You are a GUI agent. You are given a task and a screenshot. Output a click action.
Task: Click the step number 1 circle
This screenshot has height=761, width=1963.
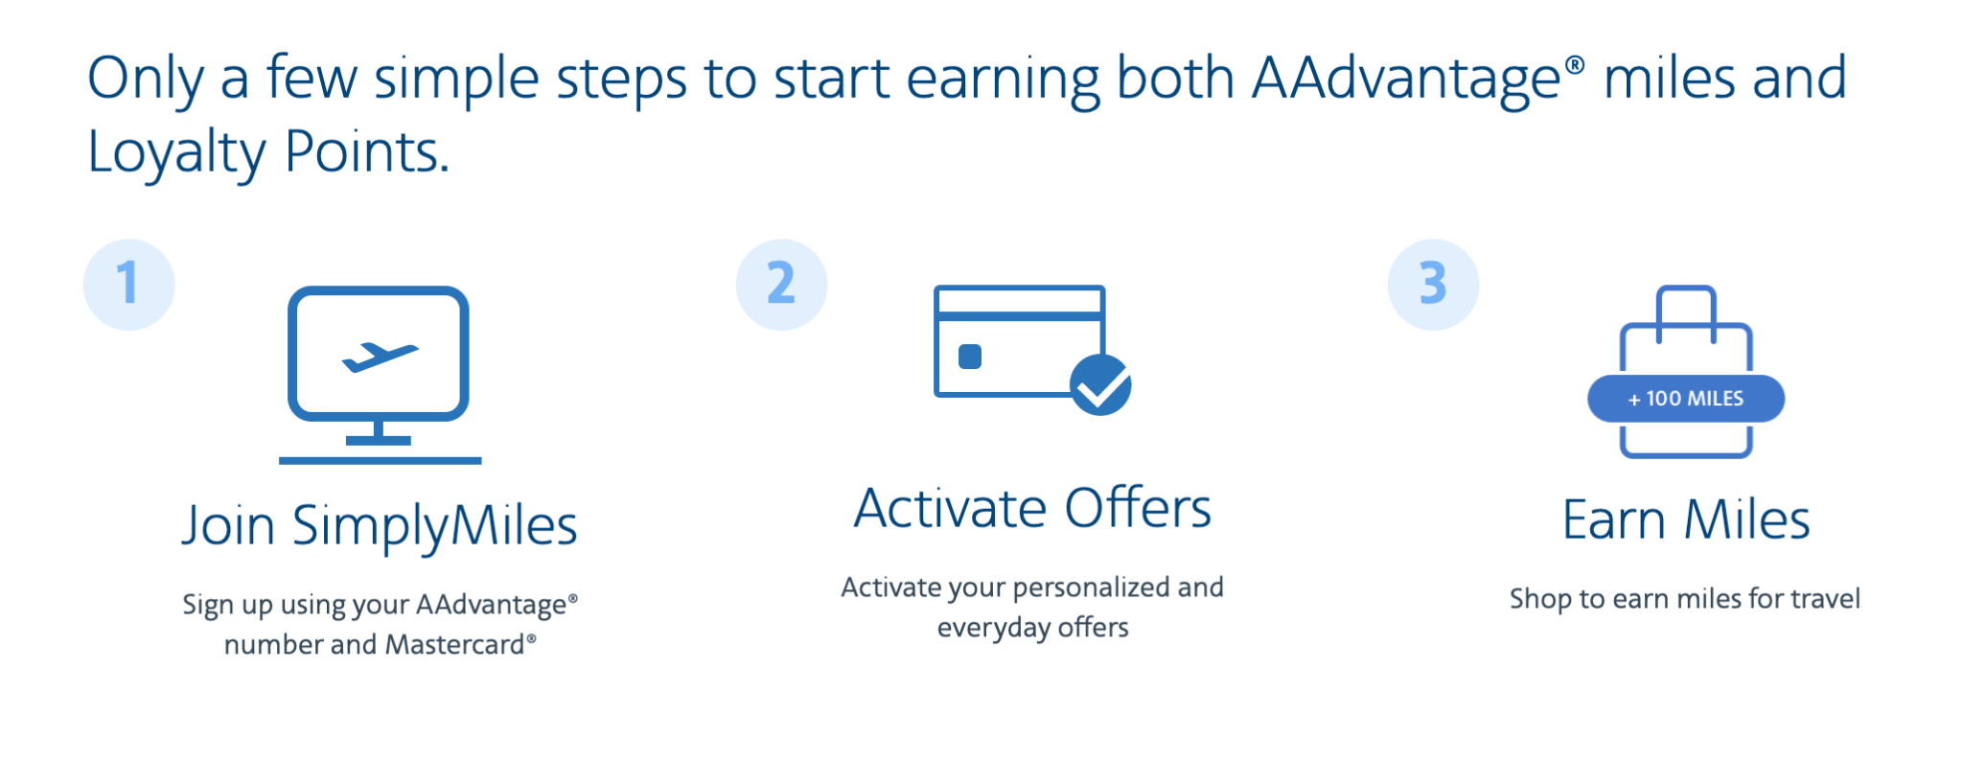tap(128, 285)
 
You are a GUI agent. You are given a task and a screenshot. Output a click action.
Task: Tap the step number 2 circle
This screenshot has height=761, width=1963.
tap(781, 285)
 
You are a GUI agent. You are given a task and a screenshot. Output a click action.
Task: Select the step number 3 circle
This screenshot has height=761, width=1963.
tap(1433, 285)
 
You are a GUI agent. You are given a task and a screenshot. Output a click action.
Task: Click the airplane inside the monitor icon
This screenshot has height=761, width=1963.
tap(380, 357)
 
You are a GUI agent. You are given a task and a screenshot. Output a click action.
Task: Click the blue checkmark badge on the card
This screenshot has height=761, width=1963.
tap(1100, 385)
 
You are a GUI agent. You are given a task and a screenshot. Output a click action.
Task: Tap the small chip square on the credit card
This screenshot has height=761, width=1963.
tap(970, 357)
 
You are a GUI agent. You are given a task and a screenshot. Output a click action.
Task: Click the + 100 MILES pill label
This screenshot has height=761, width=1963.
tap(1685, 399)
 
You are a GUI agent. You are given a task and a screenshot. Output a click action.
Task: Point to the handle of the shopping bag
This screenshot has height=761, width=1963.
tap(1685, 307)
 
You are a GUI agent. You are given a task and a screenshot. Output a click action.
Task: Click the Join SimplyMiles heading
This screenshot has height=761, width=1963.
tap(380, 525)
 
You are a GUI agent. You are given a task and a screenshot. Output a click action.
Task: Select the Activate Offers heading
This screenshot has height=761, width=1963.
tap(1032, 508)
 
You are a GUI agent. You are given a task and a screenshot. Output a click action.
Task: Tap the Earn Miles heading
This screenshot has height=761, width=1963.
tap(1685, 520)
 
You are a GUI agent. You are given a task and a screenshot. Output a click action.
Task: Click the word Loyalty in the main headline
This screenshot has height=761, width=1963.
tap(176, 153)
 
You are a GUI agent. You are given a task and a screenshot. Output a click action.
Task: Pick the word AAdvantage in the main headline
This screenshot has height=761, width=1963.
tap(1406, 79)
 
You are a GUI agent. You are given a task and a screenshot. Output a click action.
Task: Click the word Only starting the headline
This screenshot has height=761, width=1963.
tap(145, 79)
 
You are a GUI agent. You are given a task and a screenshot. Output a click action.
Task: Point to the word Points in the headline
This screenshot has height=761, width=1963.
tap(365, 153)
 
